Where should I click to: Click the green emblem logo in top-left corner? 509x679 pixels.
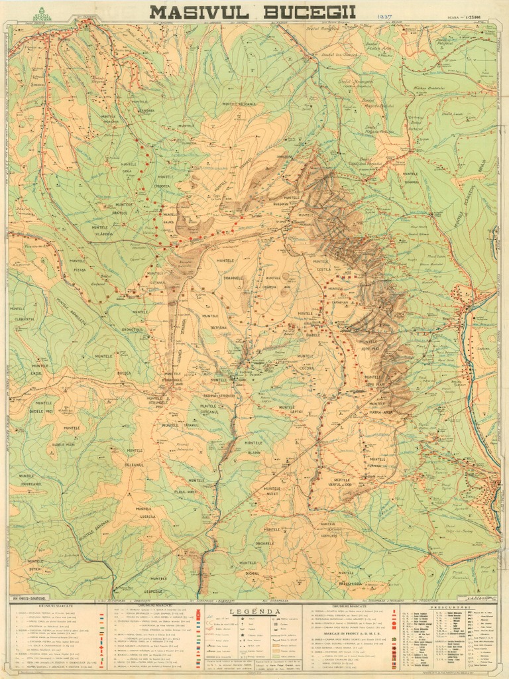point(42,13)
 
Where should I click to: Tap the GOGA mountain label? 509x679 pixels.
point(127,170)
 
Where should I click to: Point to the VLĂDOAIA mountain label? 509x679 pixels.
point(103,234)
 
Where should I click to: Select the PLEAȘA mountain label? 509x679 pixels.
point(80,269)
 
